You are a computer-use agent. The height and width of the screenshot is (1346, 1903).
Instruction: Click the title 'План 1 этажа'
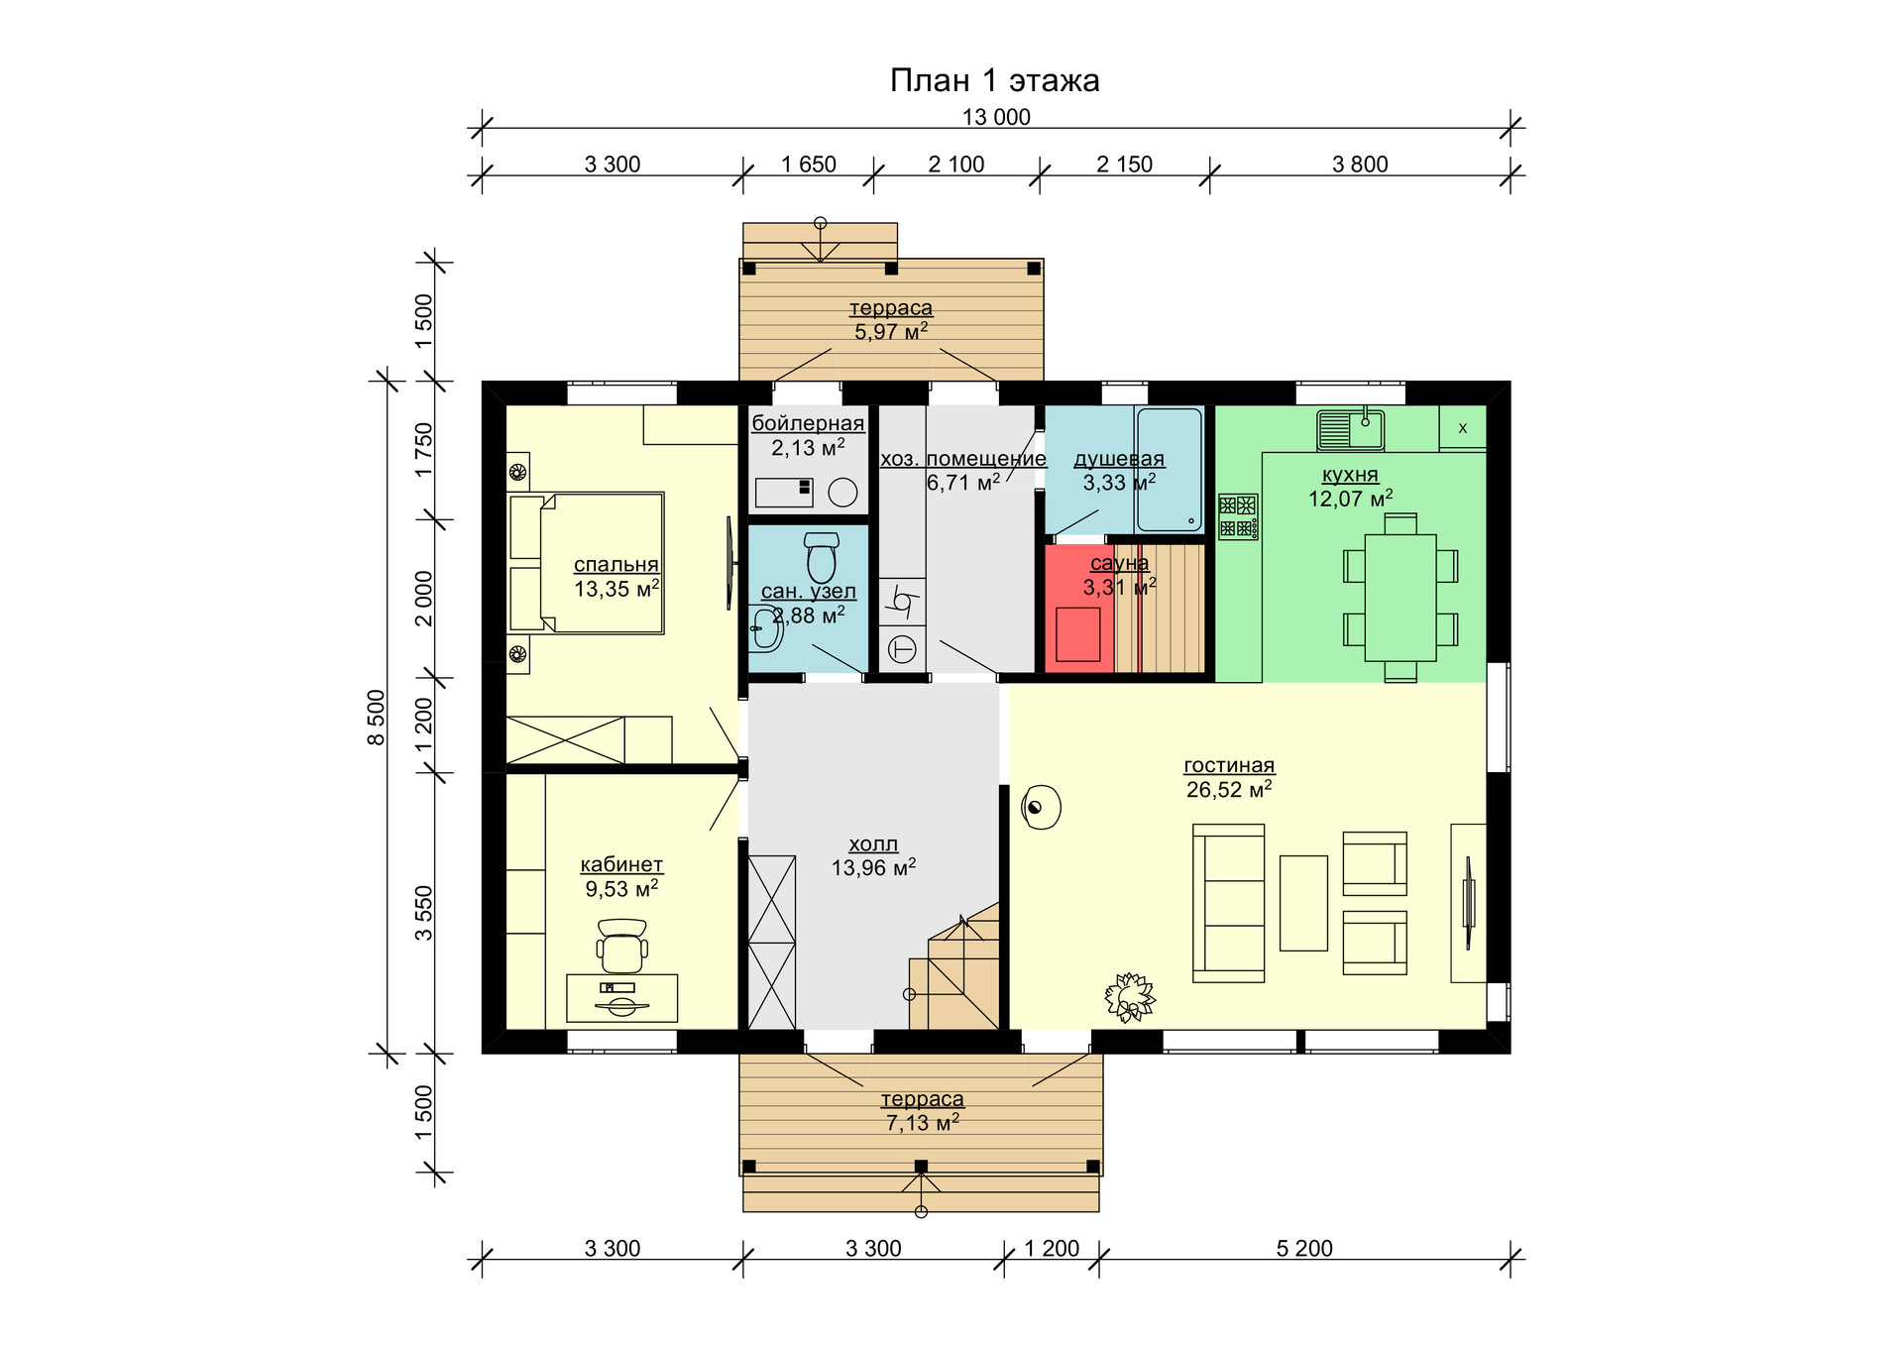point(994,80)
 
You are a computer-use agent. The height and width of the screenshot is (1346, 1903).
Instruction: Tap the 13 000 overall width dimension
point(996,117)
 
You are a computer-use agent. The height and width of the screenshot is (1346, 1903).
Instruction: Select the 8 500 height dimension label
point(377,718)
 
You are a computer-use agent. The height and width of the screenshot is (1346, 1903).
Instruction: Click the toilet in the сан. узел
point(822,558)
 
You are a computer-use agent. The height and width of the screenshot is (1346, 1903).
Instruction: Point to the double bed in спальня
point(586,563)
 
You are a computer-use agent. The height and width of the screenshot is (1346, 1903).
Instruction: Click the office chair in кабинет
point(622,946)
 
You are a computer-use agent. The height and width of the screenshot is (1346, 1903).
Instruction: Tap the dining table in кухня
point(1400,598)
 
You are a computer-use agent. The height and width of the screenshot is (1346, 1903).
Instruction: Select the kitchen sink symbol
point(1351,429)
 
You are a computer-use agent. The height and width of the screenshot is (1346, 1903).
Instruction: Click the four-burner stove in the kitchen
point(1238,516)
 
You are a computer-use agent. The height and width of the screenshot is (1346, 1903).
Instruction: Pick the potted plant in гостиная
point(1130,996)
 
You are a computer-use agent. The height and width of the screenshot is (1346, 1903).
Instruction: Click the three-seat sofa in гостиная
point(1228,903)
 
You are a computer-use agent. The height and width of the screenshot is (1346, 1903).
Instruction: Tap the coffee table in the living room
point(1303,903)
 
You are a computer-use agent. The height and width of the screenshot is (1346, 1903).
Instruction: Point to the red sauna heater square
point(1078,634)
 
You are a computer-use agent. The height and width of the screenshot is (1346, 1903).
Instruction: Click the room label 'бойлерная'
point(808,423)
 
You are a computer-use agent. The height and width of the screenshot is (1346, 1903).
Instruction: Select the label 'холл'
point(873,844)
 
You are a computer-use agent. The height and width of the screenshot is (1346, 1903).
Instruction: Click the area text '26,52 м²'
point(1229,789)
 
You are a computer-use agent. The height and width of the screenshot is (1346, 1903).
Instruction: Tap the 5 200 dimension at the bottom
point(1304,1249)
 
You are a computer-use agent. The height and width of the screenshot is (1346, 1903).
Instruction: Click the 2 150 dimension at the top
point(1124,165)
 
